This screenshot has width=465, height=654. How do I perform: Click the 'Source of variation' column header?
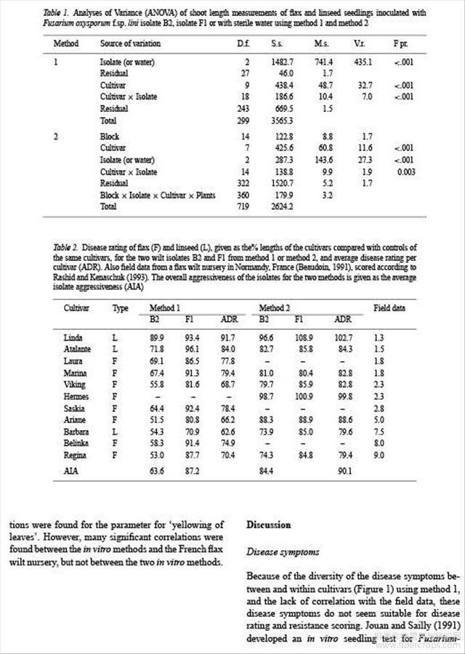click(130, 44)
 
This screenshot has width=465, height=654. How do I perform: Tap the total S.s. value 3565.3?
click(278, 120)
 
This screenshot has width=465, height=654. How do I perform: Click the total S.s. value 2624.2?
click(278, 206)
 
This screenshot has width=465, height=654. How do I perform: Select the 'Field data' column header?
click(389, 288)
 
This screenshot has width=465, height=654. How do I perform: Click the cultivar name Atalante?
click(78, 350)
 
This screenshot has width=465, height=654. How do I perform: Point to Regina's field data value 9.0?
click(379, 456)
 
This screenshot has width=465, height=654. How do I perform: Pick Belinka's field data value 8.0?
click(379, 444)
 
